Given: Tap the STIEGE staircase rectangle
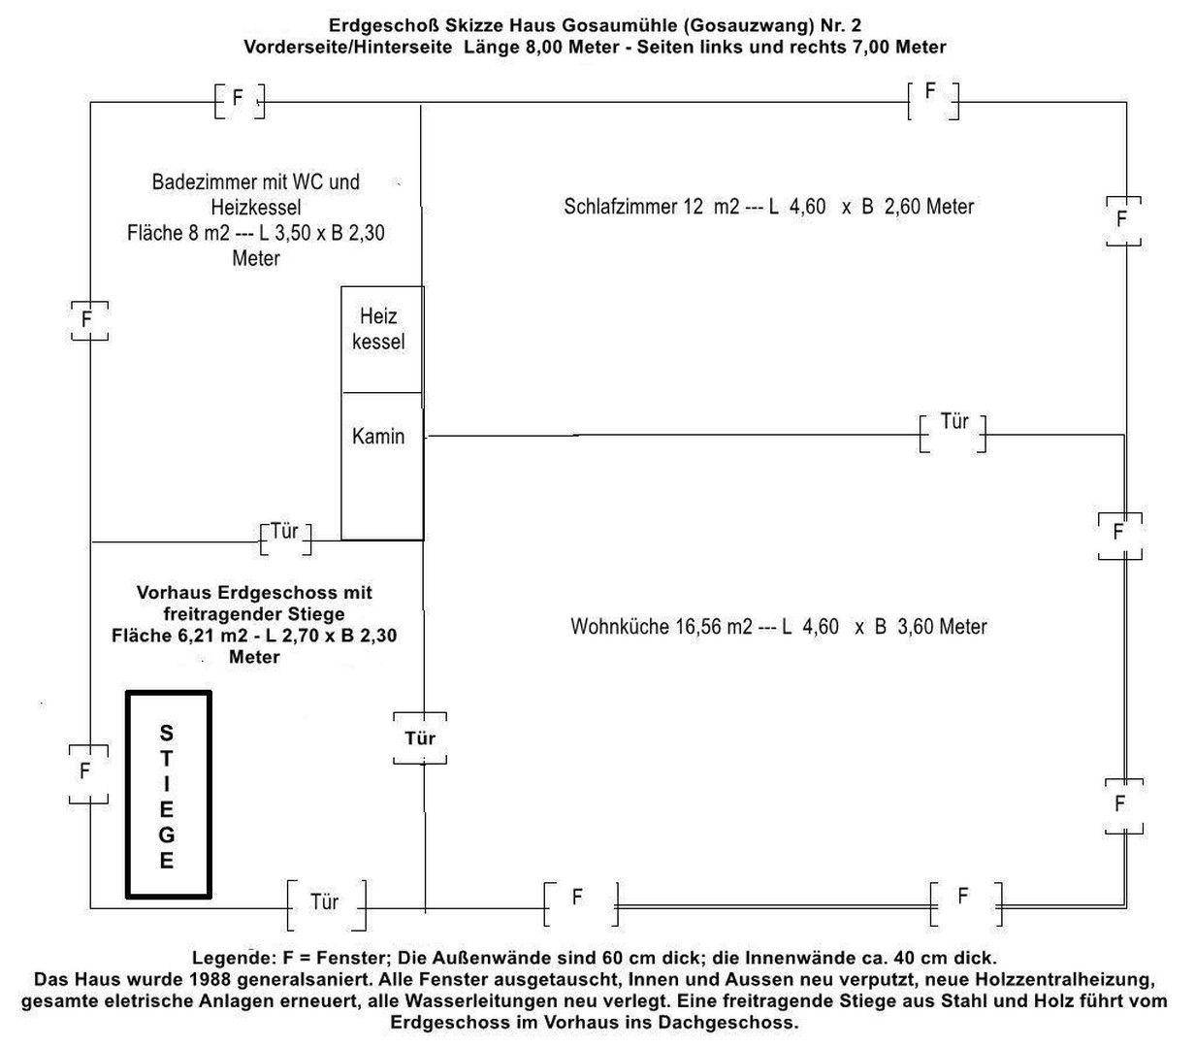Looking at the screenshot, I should (168, 794).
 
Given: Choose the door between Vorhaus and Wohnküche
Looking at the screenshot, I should (420, 737).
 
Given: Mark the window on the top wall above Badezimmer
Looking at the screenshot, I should (239, 99).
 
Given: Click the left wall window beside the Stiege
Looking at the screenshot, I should (87, 773).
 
